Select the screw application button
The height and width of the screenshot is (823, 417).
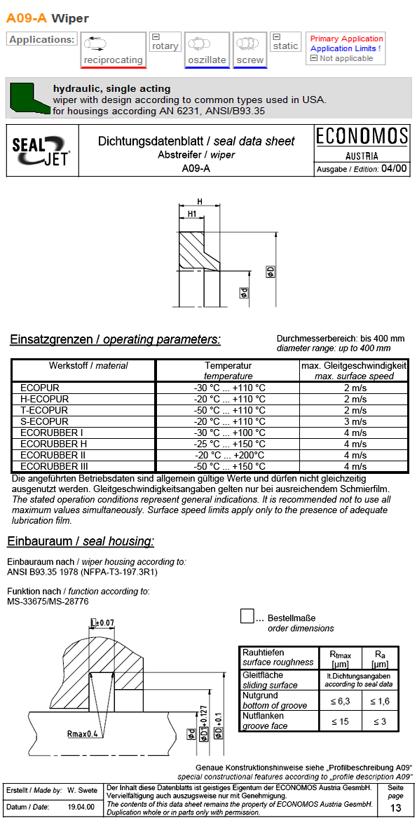pyautogui.click(x=249, y=50)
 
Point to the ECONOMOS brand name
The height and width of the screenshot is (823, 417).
pyautogui.click(x=362, y=136)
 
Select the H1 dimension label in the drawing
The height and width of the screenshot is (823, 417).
pyautogui.click(x=191, y=213)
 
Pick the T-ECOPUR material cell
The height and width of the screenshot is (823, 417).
pyautogui.click(x=44, y=410)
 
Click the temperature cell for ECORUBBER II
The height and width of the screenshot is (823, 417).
pyautogui.click(x=229, y=455)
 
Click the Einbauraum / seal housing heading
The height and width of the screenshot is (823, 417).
pyautogui.click(x=81, y=542)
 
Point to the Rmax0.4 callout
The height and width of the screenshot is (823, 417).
pyautogui.click(x=82, y=734)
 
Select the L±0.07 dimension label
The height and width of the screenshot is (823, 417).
pyautogui.click(x=103, y=623)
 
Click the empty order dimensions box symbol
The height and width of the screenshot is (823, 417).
pyautogui.click(x=247, y=616)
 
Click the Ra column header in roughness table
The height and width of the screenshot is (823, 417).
pyautogui.click(x=380, y=658)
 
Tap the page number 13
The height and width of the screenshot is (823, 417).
pyautogui.click(x=396, y=808)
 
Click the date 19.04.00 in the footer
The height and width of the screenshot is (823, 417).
pyautogui.click(x=81, y=808)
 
